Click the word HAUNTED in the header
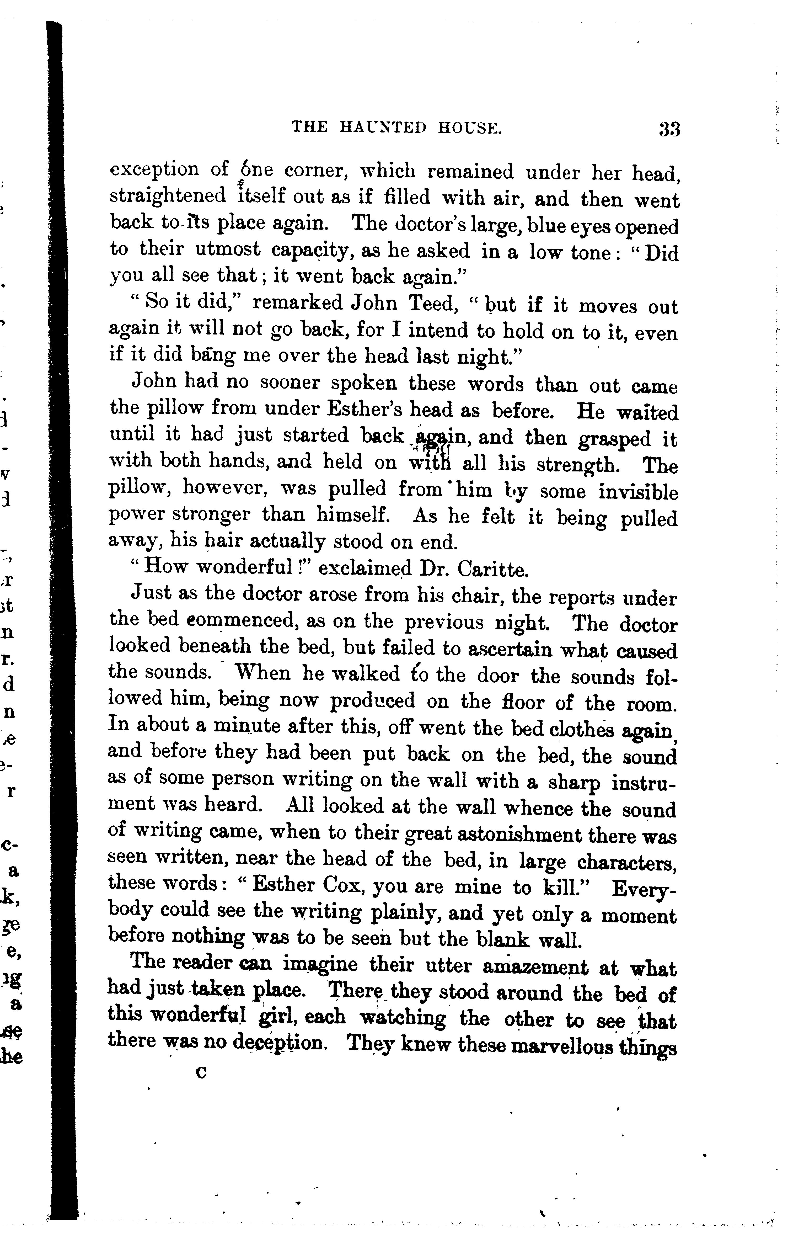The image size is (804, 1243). pyautogui.click(x=390, y=128)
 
